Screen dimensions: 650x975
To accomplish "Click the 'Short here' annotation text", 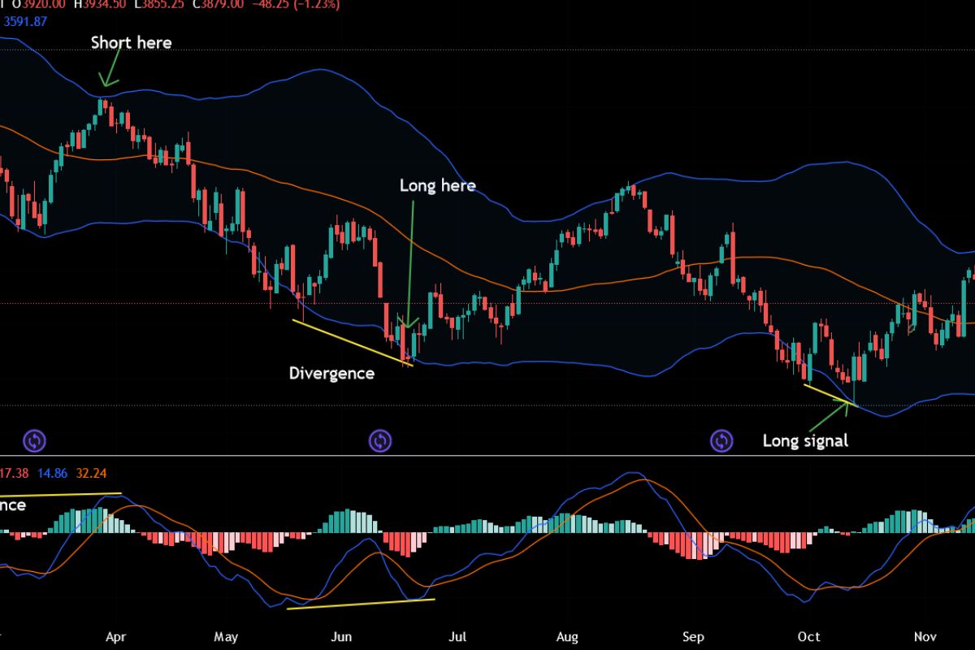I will tap(131, 42).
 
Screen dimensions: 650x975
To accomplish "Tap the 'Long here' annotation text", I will tap(437, 186).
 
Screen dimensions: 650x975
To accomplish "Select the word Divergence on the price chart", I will tap(331, 374).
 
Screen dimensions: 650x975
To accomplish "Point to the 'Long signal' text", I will tap(805, 441).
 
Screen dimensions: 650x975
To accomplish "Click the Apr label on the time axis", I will tap(116, 637).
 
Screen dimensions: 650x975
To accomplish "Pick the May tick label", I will tap(226, 637).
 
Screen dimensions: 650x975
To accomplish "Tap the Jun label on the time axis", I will tap(342, 637).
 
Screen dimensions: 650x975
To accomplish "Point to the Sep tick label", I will tap(693, 637).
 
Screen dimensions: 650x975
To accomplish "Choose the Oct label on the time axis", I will tap(808, 637).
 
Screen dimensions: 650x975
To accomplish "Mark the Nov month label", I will tap(925, 637).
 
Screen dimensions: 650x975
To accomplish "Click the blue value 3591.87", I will tap(27, 22).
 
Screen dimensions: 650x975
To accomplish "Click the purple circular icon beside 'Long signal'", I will tap(721, 441).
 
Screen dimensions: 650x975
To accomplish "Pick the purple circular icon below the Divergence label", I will tap(380, 441).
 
